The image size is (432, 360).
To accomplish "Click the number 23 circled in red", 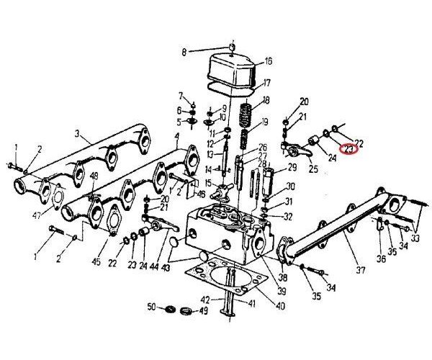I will pos(350,149).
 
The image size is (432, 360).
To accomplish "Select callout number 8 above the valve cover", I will pos(184,52).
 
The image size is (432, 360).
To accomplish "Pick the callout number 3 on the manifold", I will pos(77,134).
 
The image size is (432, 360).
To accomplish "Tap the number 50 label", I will pos(152,307).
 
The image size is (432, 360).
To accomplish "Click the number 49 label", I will pos(204,311).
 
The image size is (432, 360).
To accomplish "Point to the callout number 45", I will pos(96,261).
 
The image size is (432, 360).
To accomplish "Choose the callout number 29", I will pos(292,168).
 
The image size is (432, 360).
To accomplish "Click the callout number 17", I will pos(266,82).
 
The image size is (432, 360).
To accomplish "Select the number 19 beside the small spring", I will pos(266,121).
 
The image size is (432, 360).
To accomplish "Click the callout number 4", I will pos(176,136).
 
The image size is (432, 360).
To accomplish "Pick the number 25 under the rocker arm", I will pos(313,170).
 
